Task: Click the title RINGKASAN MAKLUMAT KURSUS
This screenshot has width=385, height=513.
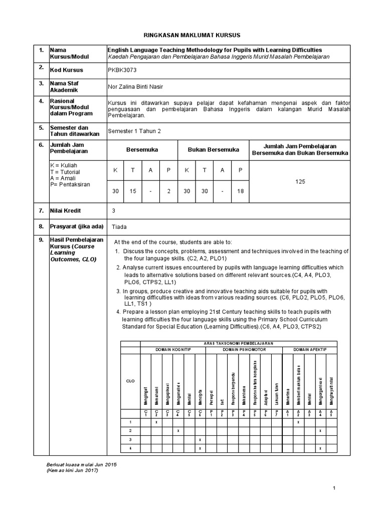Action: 192,35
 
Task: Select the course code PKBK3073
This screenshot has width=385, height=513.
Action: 122,70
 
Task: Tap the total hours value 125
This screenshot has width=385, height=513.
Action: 300,182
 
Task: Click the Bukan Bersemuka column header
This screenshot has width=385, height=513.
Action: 213,149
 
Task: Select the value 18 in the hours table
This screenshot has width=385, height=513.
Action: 240,192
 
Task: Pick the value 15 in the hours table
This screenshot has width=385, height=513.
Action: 132,192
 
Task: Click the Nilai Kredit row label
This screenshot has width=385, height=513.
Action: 65,211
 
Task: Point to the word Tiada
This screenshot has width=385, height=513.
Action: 119,226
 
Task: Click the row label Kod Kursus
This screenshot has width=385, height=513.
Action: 67,70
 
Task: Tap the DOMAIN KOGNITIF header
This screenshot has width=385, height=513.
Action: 173,349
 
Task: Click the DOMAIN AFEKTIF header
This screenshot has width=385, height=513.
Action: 308,349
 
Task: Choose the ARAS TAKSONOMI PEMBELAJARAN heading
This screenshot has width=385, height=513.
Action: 241,342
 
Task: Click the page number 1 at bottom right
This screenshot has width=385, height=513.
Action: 334,487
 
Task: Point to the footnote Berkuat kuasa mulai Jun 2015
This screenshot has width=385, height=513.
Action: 81,465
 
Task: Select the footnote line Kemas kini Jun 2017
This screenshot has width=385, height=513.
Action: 72,470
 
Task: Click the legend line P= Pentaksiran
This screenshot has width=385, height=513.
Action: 70,184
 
